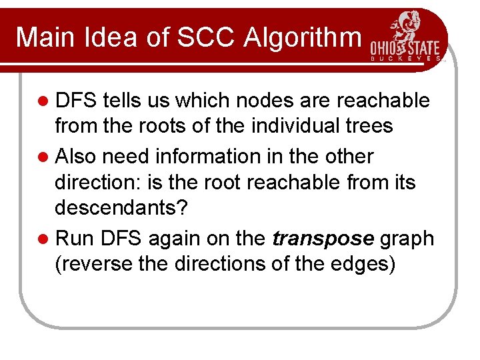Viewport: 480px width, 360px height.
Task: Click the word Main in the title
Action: (x=45, y=37)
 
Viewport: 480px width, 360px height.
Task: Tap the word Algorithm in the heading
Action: (x=303, y=37)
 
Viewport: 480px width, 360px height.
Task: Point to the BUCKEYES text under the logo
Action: (x=405, y=59)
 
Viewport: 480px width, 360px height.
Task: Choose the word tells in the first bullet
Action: (x=121, y=101)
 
